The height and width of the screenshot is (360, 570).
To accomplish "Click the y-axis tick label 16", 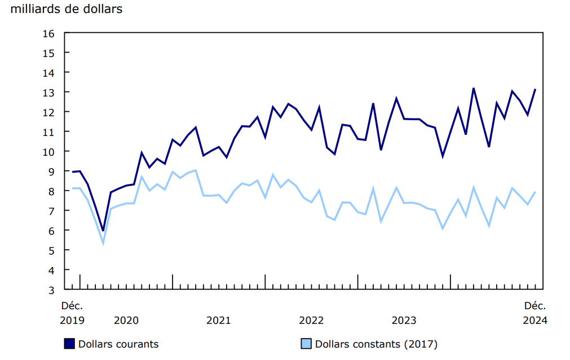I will coord(48,33).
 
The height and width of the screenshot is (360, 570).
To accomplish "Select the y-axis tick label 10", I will coord(48,151).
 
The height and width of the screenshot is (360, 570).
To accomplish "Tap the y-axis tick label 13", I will coord(48,92).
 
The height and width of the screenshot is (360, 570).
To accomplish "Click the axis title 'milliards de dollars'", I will coord(67,9).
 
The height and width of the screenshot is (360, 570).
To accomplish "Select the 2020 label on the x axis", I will coord(126,321).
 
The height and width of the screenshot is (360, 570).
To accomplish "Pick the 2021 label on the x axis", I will coord(219,321).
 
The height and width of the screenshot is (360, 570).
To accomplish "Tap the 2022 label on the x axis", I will coord(311,321).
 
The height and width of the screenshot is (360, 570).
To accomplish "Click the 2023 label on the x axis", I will coord(404,321).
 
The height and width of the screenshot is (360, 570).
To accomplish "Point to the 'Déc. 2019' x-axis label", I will coord(72,313).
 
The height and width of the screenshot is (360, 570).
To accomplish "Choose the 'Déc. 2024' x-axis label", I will coord(535,313).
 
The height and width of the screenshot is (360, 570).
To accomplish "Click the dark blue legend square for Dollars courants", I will coord(70,344).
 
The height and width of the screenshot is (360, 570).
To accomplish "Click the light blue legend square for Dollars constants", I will coord(306,344).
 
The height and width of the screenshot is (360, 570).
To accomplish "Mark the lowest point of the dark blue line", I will coord(103,231).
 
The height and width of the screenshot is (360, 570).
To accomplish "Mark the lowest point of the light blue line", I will coord(103,243).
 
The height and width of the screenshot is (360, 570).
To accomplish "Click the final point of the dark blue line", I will coord(535,89).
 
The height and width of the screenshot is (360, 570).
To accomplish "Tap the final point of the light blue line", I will coord(535,192).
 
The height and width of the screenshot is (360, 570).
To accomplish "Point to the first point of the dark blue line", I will coord(72,172).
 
